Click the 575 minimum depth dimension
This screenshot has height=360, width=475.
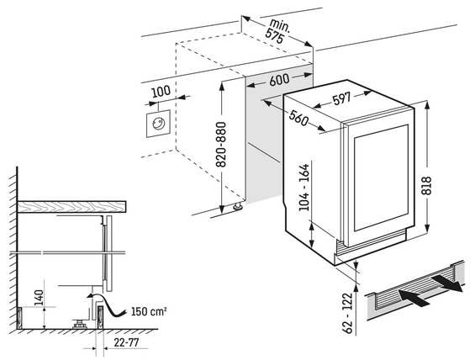[x=274, y=36]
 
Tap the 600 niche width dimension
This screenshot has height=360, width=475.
[x=279, y=79]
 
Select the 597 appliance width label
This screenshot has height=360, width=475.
[x=341, y=98]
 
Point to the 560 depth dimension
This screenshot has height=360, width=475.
[x=298, y=118]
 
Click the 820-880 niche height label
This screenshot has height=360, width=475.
[x=222, y=145]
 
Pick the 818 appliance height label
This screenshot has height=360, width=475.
[x=426, y=185]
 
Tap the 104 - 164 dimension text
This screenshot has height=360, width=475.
[x=304, y=188]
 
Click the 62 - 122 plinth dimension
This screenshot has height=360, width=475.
[x=349, y=313]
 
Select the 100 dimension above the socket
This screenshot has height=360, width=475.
[x=161, y=92]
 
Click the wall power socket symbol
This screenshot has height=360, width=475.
[x=158, y=124]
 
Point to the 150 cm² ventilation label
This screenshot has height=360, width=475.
[x=149, y=311]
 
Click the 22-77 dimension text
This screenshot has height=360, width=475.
[x=126, y=342]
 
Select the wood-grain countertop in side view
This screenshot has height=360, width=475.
[x=71, y=207]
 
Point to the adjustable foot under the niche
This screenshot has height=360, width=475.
[x=237, y=207]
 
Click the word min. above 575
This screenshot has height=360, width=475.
[x=280, y=25]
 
